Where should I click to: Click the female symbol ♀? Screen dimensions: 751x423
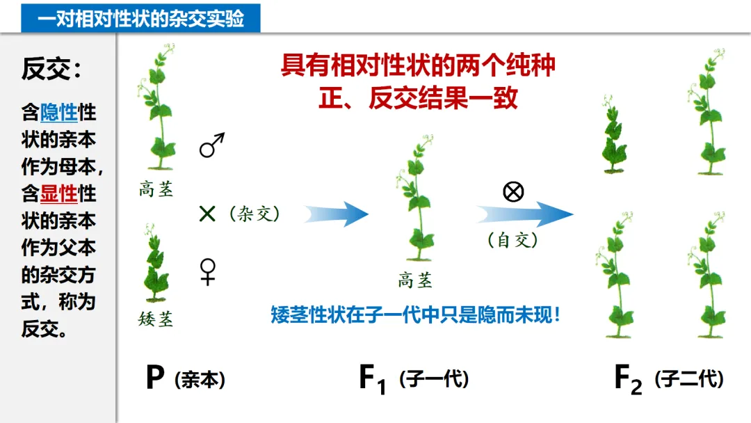point(208,271)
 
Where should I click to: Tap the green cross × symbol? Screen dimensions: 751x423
point(207,214)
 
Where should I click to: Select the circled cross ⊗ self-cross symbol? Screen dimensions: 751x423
point(513,191)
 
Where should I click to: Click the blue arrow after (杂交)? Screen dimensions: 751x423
point(337,214)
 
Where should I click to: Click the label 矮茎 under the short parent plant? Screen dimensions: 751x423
point(156,319)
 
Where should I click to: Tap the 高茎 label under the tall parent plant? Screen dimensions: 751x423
point(156,189)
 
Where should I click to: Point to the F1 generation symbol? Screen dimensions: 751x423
point(372,380)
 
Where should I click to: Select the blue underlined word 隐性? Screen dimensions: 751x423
point(59,112)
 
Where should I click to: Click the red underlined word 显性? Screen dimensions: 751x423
point(59,193)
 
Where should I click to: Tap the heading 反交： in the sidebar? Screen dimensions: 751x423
point(52,69)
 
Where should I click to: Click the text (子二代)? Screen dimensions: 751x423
point(689,380)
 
